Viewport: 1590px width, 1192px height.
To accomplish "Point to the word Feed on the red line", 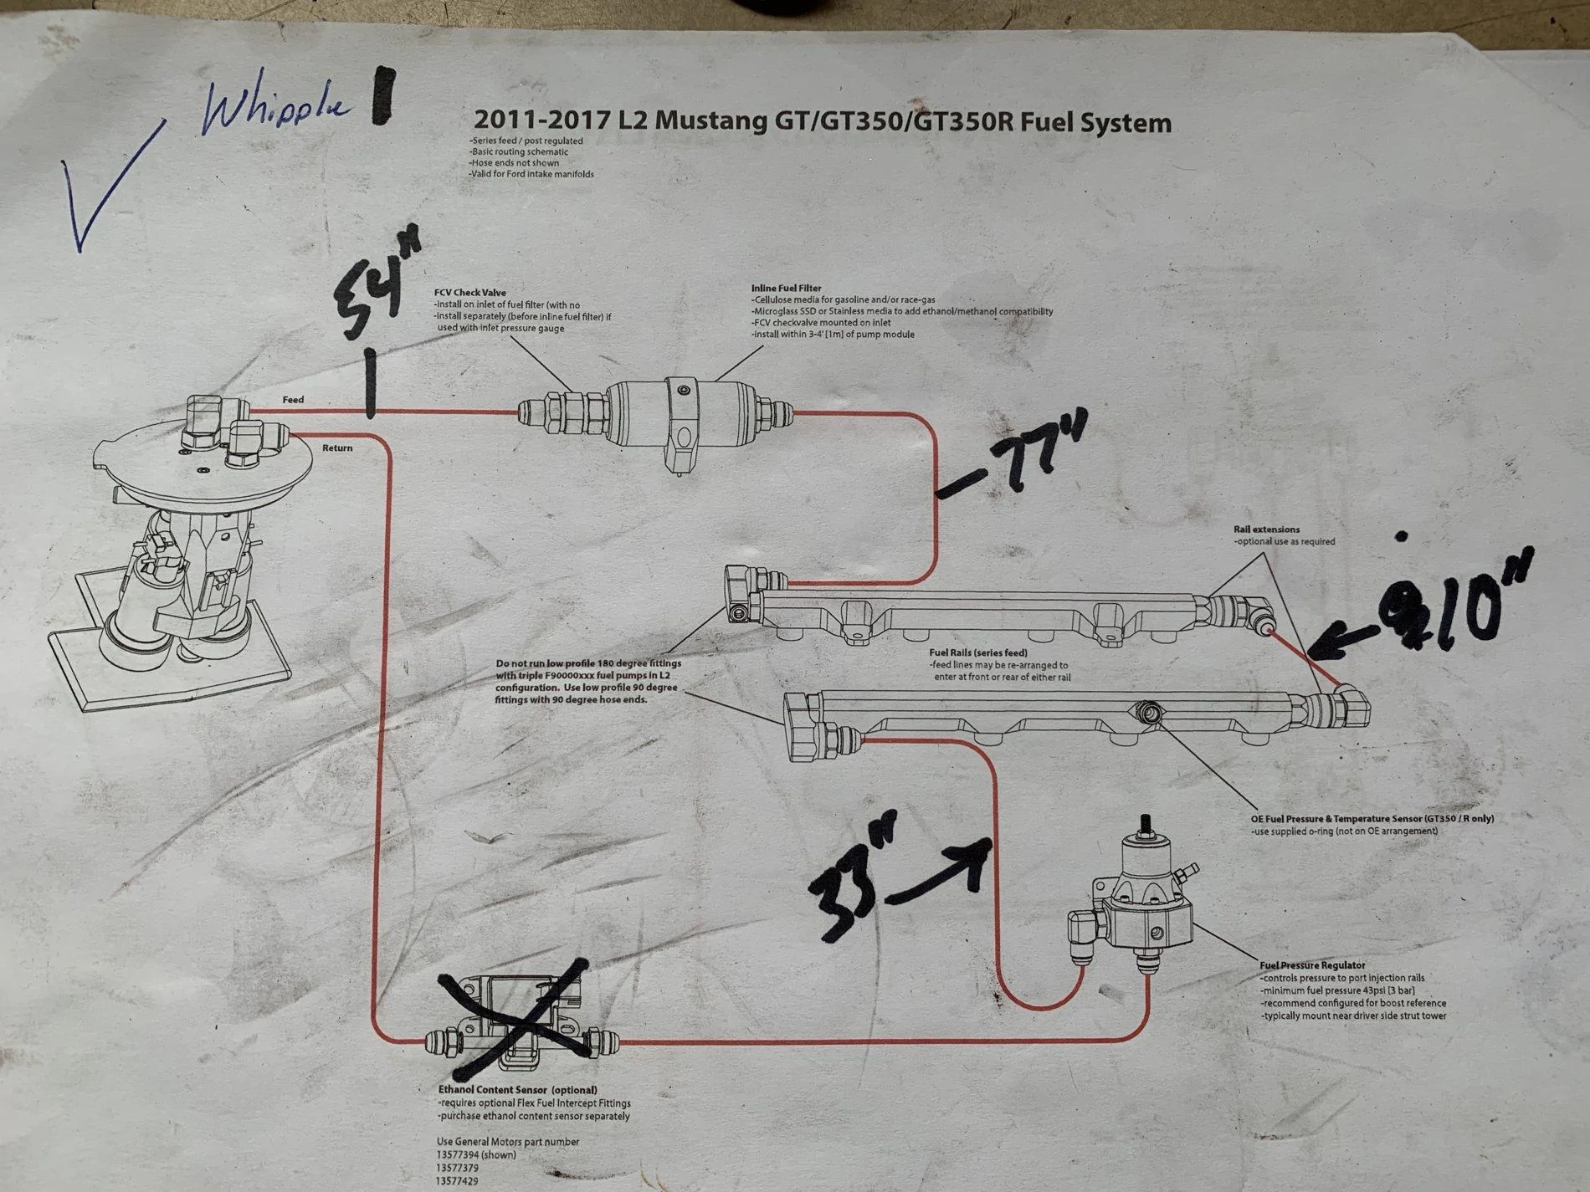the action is [x=293, y=400].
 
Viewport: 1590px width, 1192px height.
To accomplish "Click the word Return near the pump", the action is [x=337, y=448].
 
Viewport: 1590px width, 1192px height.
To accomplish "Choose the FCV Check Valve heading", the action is [x=469, y=293].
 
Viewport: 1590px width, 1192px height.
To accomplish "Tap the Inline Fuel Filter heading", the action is [x=786, y=289].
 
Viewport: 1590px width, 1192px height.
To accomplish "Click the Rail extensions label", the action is [x=1266, y=529].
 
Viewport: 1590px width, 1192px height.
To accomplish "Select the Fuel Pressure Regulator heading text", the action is [x=1312, y=965].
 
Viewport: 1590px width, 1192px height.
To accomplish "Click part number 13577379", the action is [x=458, y=1168].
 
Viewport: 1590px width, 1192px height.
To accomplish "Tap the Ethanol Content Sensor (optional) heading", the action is [x=518, y=1090].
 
